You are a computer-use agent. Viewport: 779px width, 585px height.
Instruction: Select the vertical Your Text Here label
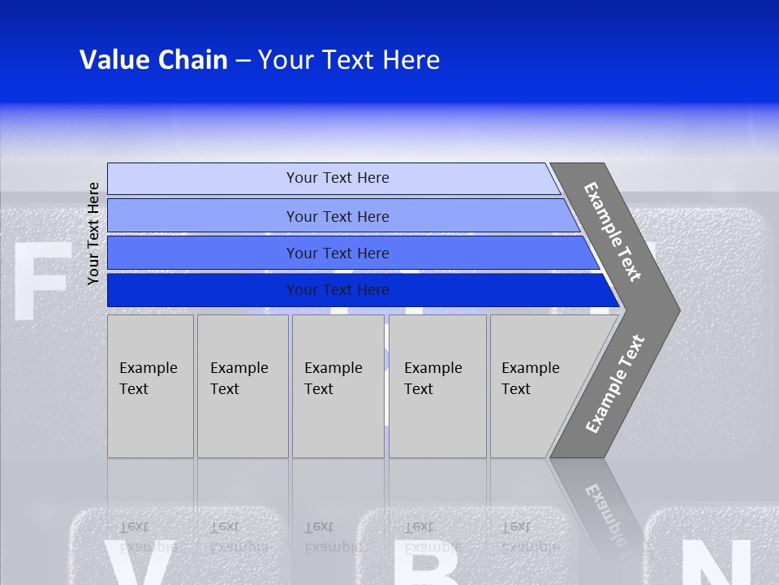click(93, 233)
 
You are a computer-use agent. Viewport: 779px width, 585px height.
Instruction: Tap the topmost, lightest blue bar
click(337, 178)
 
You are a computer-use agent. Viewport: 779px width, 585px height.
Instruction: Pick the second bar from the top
click(337, 216)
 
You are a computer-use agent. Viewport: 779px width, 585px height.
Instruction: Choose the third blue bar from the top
click(337, 253)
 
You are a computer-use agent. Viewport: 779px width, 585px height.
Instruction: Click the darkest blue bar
click(337, 290)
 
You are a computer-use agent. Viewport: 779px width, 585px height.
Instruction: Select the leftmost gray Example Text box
click(150, 386)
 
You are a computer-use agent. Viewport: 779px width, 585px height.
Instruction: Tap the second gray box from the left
click(242, 386)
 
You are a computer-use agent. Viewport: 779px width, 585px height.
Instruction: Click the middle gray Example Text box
click(338, 386)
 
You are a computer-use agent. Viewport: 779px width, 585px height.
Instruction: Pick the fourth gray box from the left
click(437, 386)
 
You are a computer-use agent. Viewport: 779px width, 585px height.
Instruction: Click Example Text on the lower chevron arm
click(615, 383)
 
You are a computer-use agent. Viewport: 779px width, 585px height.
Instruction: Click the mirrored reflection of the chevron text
click(605, 512)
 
